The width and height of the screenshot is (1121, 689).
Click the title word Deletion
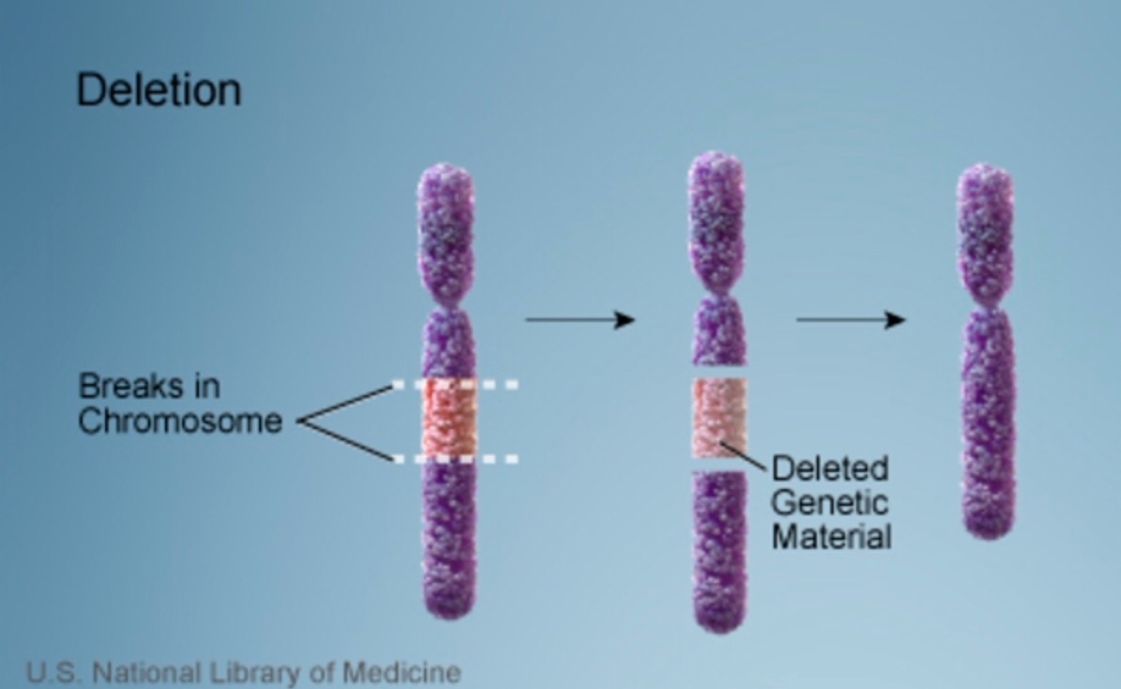coord(159,90)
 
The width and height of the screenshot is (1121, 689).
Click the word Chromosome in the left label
coord(180,421)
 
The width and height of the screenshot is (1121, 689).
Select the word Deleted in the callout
coord(830,468)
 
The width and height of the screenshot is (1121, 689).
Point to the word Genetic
coord(830,502)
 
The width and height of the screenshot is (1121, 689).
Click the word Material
coord(831,537)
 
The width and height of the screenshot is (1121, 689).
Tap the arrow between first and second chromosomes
coord(579,320)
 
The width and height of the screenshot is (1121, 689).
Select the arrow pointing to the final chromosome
coord(851,320)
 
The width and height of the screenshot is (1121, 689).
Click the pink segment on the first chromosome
coord(449,421)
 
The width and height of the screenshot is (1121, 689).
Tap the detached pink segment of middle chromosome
coord(718,418)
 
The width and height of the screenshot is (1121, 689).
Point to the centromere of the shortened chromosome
coord(985,302)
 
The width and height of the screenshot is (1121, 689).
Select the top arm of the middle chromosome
coord(717,221)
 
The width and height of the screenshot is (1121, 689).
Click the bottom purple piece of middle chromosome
coord(719,549)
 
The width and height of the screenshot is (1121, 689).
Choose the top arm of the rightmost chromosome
coord(985,225)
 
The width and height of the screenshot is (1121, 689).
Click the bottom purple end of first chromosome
coord(449,582)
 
